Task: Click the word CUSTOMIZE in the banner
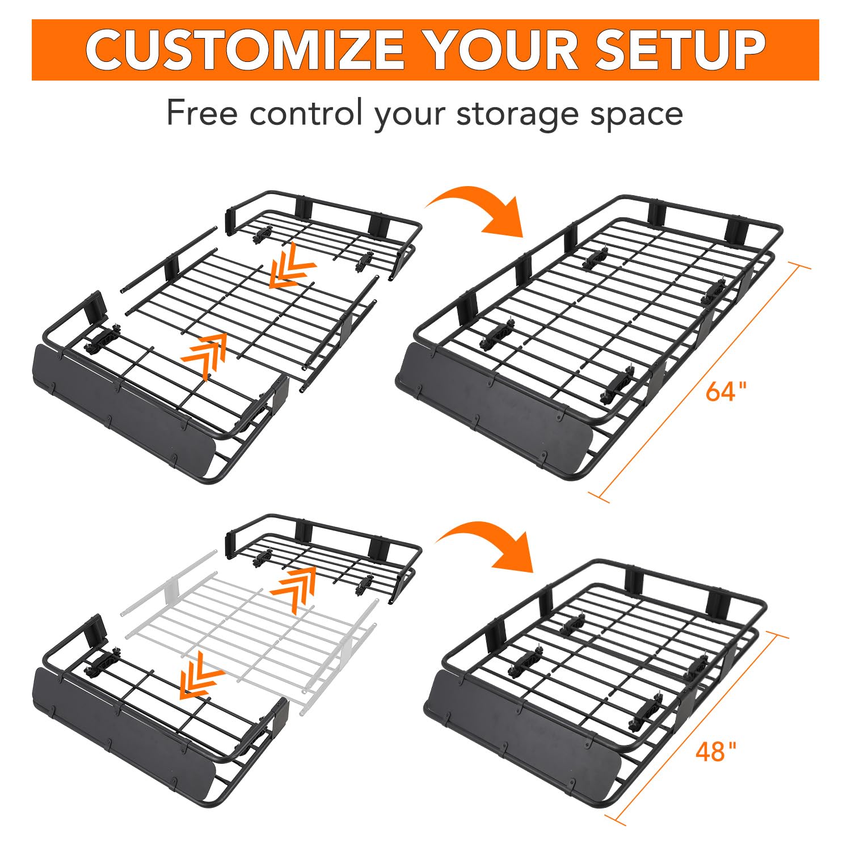click(245, 50)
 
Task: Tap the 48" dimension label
click(716, 752)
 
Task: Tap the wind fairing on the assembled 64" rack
click(494, 408)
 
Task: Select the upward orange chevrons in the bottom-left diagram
click(294, 590)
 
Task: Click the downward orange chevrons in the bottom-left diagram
click(201, 675)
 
